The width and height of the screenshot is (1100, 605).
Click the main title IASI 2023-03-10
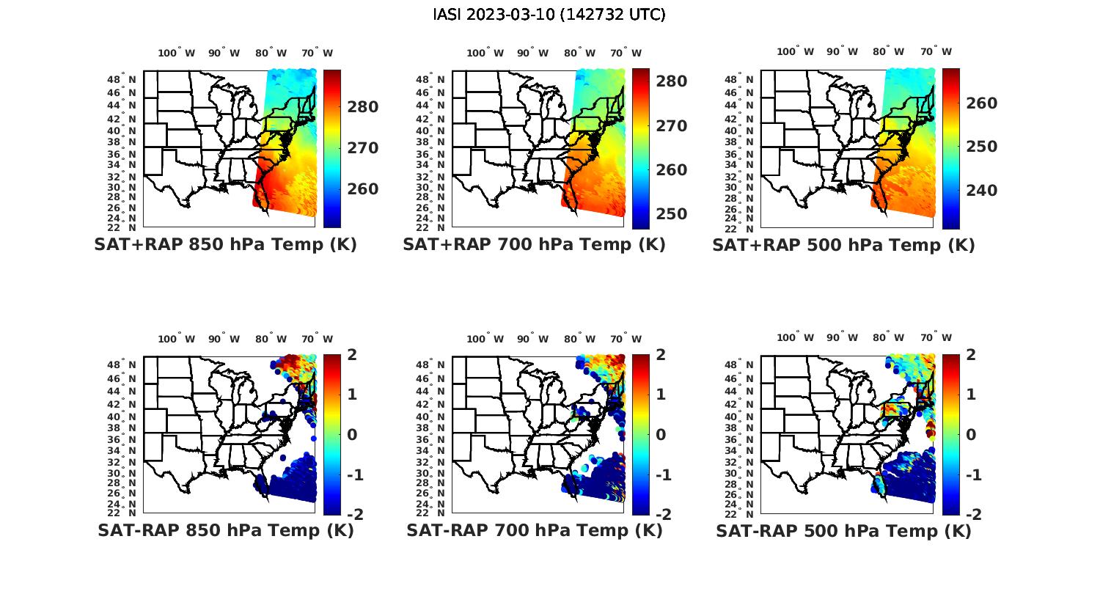[549, 15]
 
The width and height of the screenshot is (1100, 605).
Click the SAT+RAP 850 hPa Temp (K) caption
[225, 245]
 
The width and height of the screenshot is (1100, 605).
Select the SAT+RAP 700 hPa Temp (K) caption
[534, 245]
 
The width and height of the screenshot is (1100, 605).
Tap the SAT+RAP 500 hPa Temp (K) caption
[843, 245]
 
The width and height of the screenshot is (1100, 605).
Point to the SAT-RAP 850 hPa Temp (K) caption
[225, 530]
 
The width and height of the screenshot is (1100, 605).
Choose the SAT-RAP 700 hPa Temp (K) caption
[534, 530]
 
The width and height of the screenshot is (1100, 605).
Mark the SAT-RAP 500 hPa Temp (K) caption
[843, 530]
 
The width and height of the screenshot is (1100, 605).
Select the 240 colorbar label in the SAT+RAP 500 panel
[982, 191]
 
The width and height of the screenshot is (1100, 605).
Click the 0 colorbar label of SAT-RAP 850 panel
[352, 434]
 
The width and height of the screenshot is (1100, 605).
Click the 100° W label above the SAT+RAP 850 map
[177, 53]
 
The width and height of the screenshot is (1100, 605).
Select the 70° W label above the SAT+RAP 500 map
[936, 51]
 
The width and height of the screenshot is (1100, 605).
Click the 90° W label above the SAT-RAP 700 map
[532, 339]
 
